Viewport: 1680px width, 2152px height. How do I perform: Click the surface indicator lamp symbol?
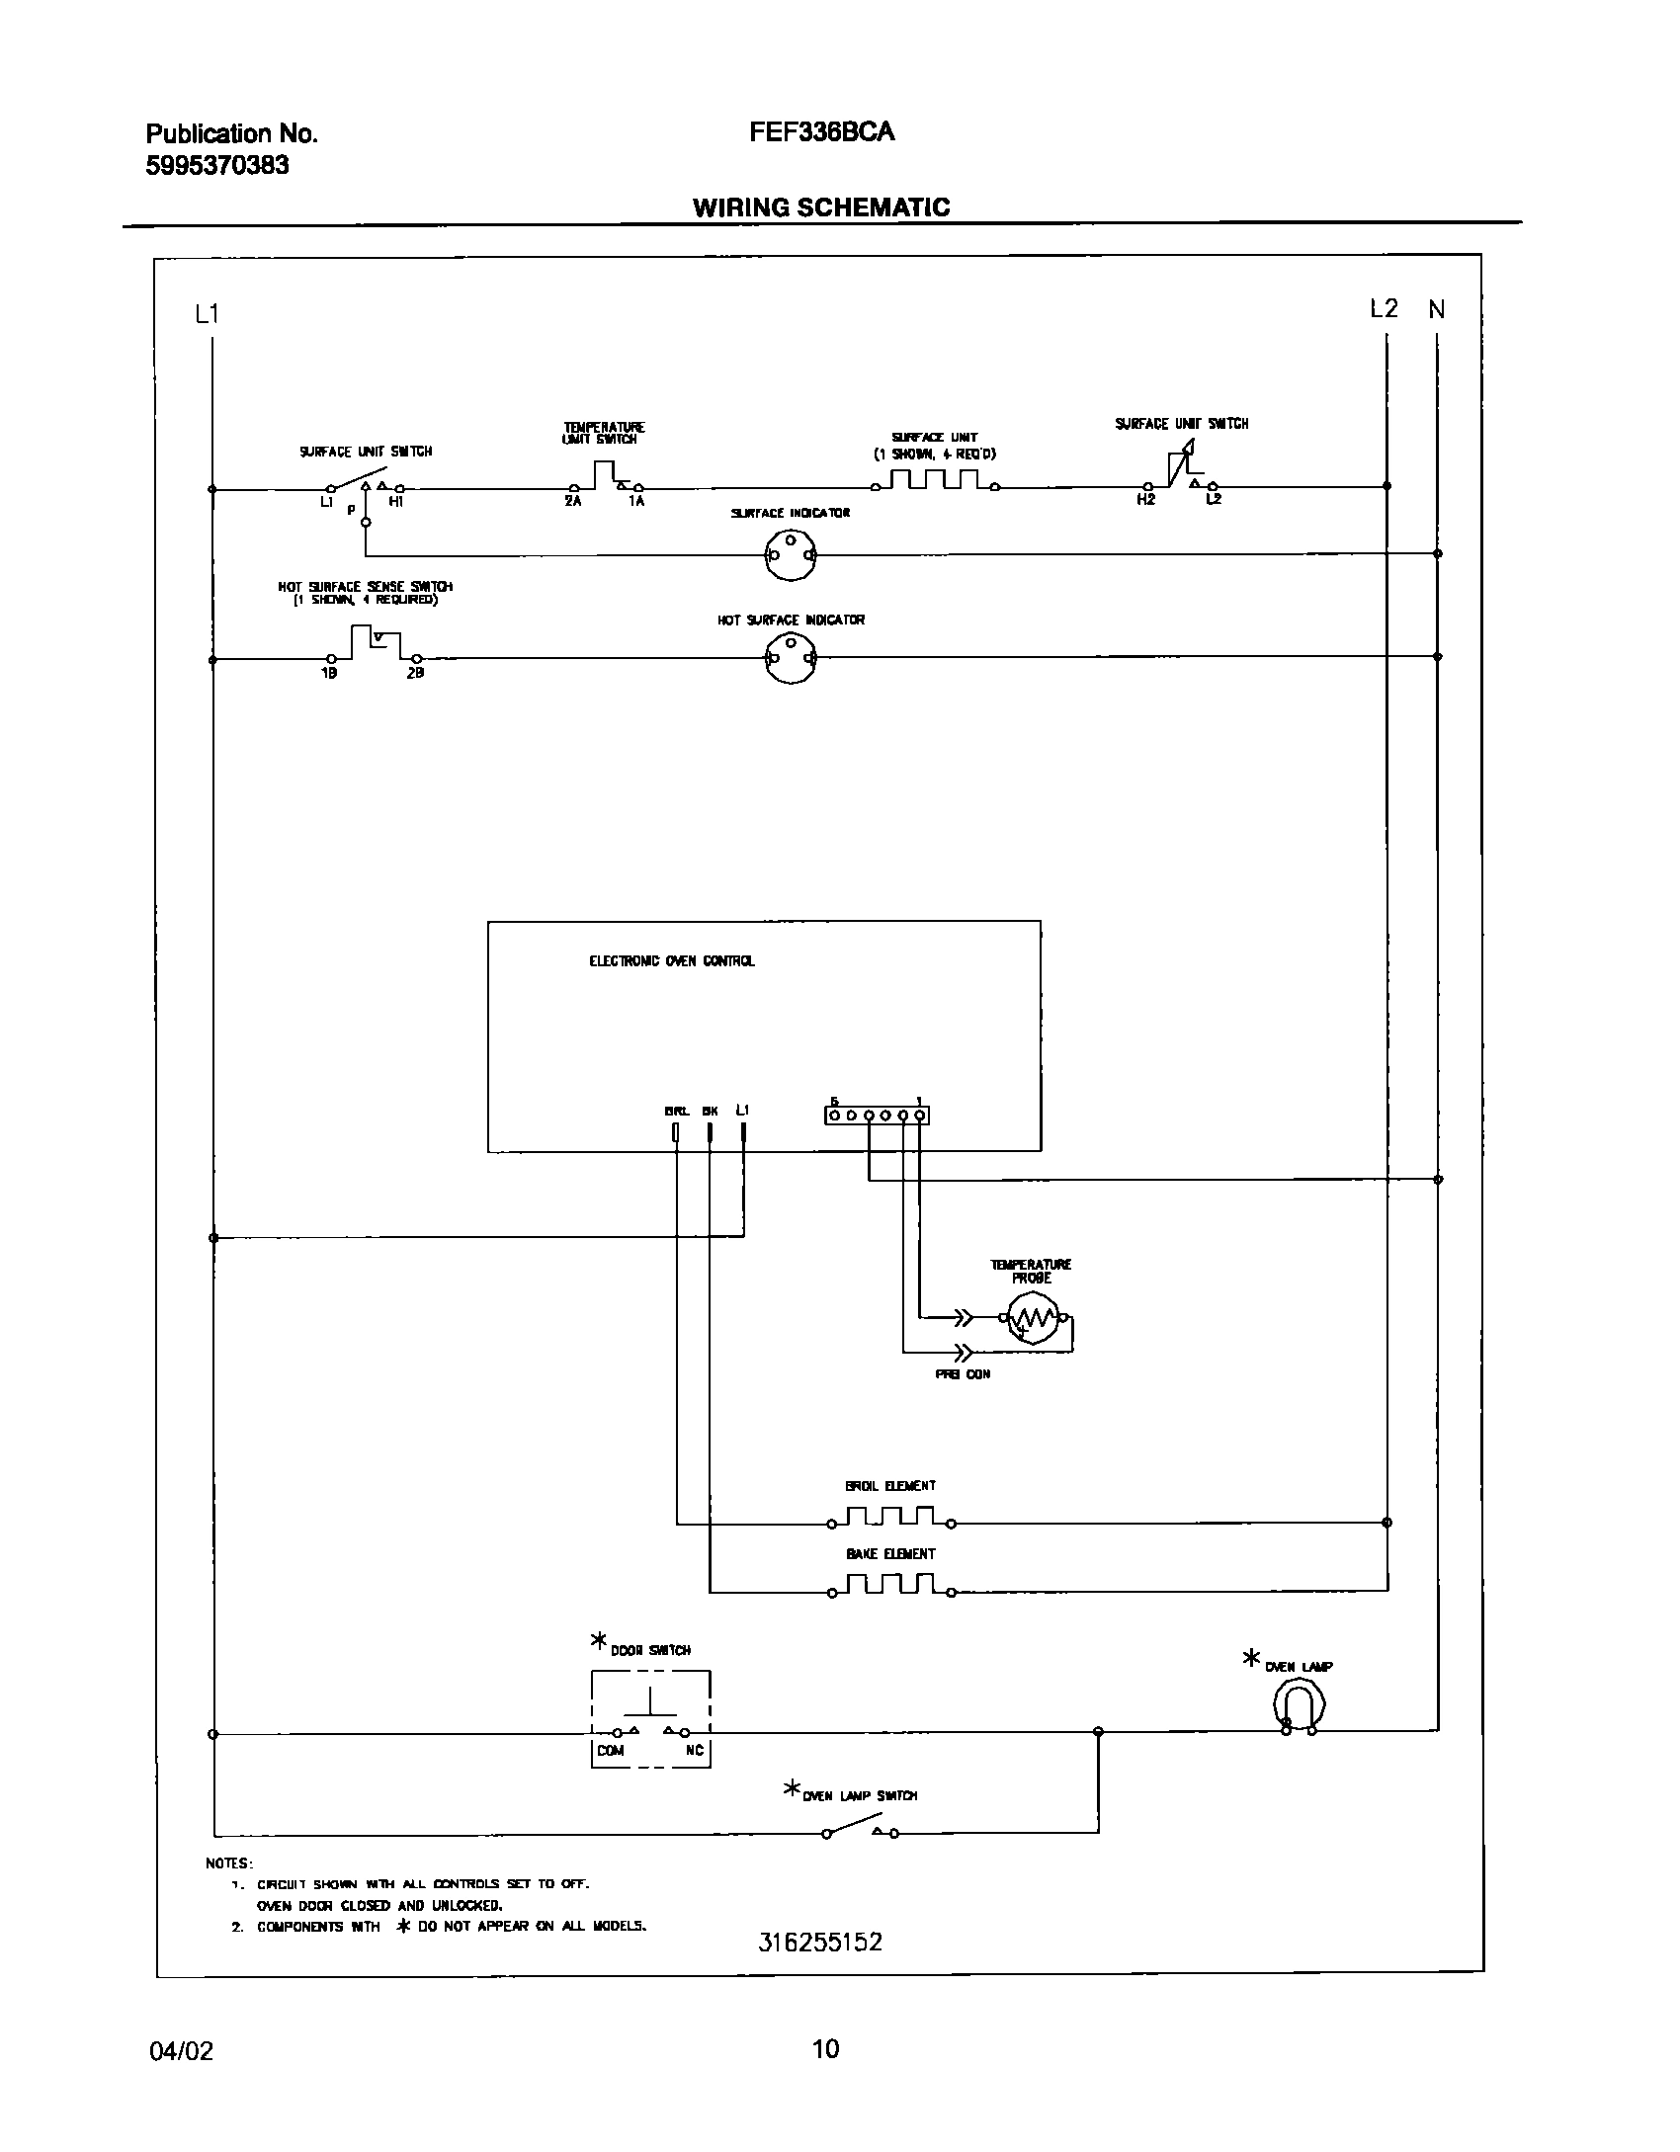(790, 555)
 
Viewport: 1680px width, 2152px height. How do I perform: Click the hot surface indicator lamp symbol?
(790, 658)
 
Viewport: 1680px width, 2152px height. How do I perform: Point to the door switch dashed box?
(650, 1718)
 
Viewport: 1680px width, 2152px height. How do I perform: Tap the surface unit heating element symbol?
(934, 481)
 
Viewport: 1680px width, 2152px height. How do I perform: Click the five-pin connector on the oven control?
(877, 1116)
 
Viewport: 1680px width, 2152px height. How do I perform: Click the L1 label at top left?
(207, 314)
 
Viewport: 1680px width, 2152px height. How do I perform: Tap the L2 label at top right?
(1384, 309)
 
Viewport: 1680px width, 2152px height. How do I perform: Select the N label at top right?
(1436, 310)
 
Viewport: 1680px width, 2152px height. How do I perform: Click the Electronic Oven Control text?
(671, 960)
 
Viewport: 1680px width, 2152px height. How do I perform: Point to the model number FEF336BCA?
(822, 132)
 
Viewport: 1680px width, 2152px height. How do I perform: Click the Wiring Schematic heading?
(821, 207)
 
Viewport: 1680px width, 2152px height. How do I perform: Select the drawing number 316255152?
(820, 1942)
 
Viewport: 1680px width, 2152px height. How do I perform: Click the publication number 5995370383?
(217, 165)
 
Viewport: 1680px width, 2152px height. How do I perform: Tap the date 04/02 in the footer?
(181, 2050)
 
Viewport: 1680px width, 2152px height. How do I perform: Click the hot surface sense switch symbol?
(374, 644)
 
